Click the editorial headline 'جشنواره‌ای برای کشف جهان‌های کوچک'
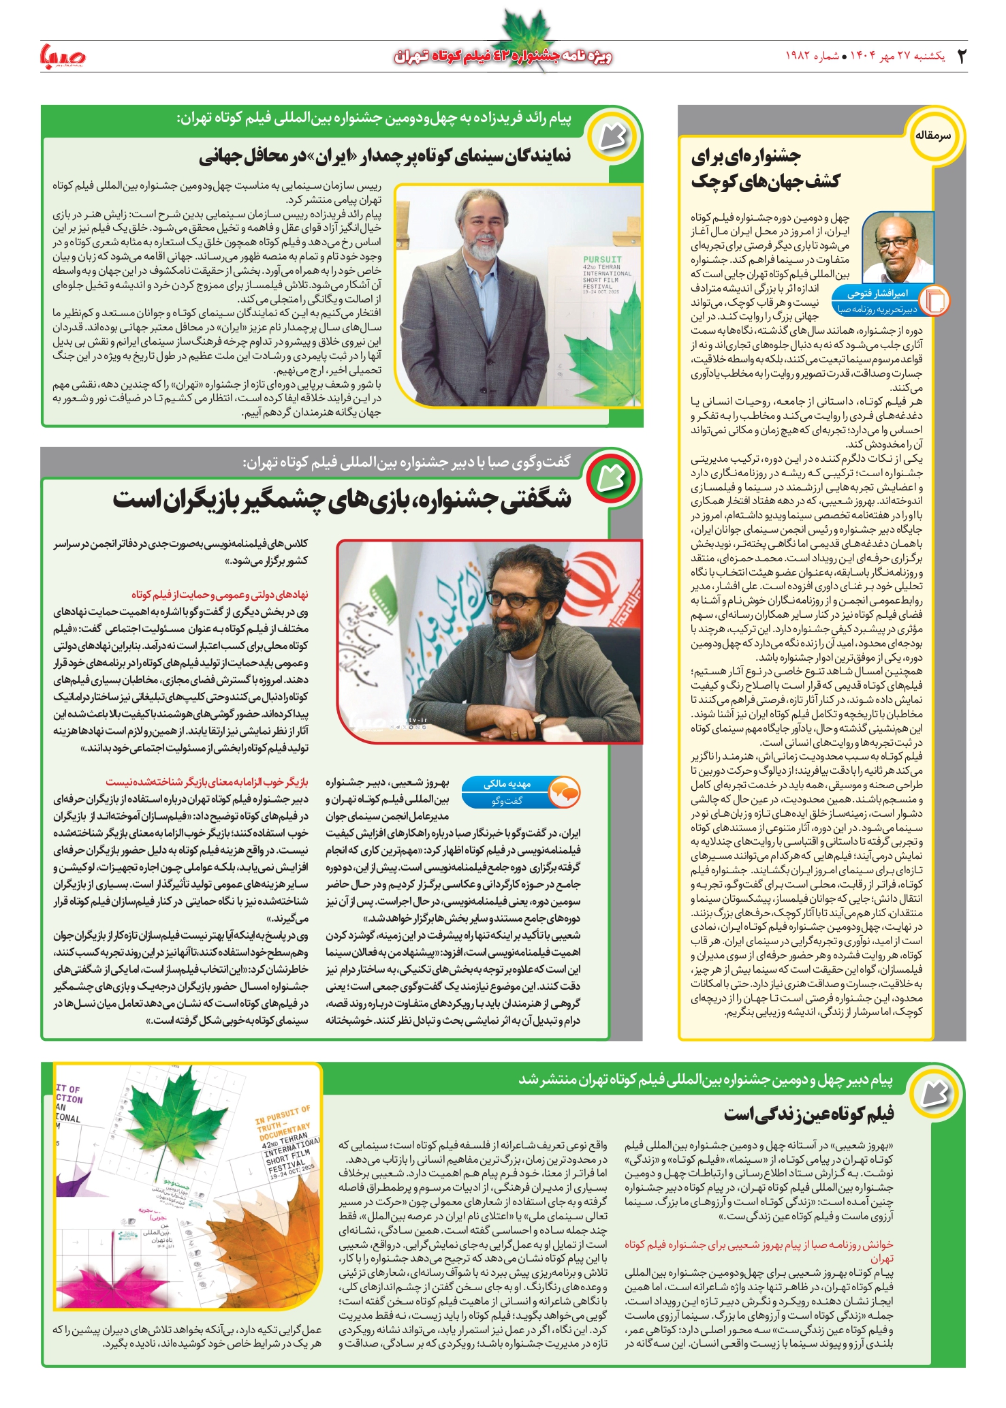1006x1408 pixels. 766,169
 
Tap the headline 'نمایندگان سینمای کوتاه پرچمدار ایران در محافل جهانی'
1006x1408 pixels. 385,157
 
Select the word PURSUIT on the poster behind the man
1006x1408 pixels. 602,260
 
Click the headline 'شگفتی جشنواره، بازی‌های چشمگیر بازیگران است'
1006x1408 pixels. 342,499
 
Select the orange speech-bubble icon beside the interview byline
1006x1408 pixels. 565,792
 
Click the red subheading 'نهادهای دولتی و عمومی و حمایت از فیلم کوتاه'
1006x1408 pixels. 219,595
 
